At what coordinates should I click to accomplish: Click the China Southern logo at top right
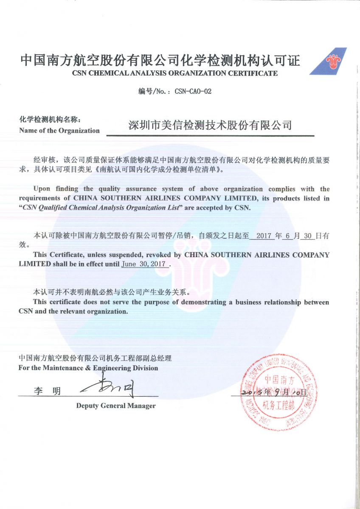point(329,62)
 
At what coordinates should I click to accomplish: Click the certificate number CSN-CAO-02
point(193,92)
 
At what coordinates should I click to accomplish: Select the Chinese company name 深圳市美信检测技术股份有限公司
point(210,126)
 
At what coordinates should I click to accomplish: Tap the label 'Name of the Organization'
point(59,131)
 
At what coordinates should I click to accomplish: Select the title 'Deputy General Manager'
point(116,406)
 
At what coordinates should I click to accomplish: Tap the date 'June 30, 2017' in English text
point(143,263)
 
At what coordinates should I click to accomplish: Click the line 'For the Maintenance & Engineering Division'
point(88,368)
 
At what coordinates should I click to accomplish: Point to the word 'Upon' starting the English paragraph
point(42,189)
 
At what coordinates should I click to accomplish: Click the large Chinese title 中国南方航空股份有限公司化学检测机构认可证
point(160,61)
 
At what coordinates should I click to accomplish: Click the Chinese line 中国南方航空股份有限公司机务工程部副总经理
point(95,358)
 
